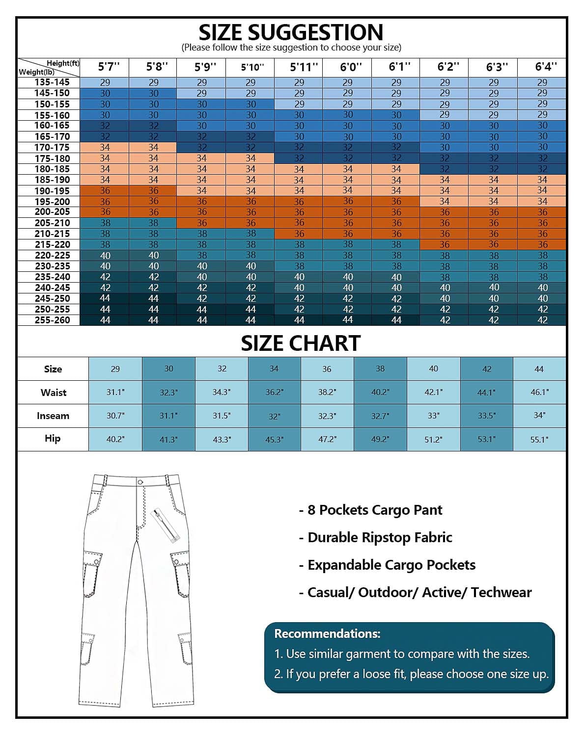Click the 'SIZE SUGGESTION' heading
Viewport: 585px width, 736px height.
coord(291,32)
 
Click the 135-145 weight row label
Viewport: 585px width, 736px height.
coord(52,82)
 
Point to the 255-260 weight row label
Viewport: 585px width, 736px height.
coord(52,320)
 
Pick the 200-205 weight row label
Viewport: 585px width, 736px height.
coord(52,212)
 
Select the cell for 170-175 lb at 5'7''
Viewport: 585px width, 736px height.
coord(105,147)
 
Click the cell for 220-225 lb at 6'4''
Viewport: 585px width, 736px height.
coord(542,255)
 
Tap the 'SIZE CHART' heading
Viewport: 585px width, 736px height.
coord(301,343)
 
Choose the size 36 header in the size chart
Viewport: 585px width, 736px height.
coord(327,369)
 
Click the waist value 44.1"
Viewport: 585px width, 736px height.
coord(486,393)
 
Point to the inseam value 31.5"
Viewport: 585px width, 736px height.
coord(222,416)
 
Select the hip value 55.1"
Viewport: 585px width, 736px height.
coord(539,440)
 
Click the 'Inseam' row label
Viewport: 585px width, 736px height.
coord(53,416)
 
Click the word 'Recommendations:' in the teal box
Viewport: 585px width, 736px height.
coord(327,634)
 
